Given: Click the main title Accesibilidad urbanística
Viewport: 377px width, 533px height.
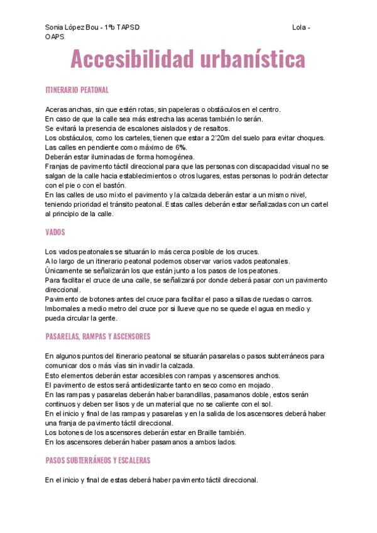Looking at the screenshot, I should [x=188, y=59].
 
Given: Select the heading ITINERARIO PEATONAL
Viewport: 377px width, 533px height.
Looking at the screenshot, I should [x=77, y=91].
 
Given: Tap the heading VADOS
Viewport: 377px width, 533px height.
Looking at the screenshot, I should [x=55, y=233].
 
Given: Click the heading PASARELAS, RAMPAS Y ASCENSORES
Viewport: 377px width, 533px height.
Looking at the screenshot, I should [x=97, y=337].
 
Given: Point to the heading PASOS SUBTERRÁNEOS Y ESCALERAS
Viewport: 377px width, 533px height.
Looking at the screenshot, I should [x=97, y=461].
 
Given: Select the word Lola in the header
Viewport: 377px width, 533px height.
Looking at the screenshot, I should [x=298, y=28].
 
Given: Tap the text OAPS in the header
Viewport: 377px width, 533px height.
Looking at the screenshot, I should [x=55, y=38].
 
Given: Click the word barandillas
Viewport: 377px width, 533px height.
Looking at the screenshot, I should [x=177, y=395].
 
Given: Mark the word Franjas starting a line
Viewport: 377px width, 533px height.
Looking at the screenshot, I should [x=58, y=167].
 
